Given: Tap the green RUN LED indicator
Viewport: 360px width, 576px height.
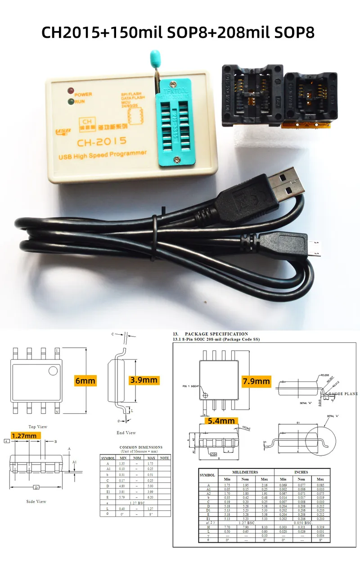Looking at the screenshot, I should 71,102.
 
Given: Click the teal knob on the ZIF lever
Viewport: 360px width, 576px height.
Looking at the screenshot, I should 154,57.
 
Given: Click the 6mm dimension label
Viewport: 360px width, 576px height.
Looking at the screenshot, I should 85,381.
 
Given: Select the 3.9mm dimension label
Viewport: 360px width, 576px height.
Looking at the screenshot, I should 144,380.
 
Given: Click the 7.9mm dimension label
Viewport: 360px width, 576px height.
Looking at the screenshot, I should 256,381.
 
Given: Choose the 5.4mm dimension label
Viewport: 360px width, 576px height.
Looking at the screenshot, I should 221,421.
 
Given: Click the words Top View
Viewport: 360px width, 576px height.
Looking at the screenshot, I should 38,426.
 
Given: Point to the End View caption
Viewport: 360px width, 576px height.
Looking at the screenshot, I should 126,433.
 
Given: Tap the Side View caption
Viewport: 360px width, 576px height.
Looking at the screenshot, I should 36,501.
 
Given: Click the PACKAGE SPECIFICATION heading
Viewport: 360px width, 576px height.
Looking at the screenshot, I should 216,334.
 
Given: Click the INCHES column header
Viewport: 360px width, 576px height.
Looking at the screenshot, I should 301,472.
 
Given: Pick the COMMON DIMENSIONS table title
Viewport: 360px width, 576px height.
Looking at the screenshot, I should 141,447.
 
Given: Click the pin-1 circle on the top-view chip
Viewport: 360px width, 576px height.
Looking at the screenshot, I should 53,371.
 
